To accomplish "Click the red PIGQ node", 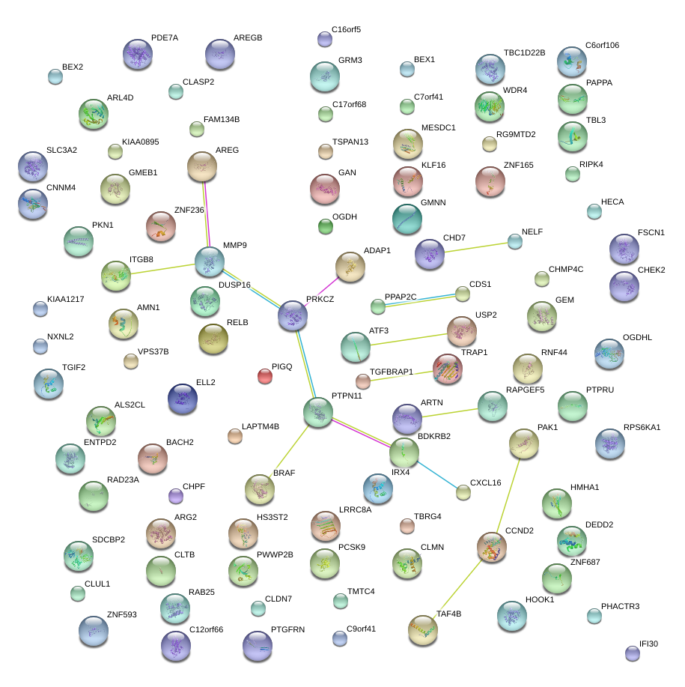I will click(x=265, y=375).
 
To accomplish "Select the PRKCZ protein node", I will click(x=293, y=316).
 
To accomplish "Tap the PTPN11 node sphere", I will click(x=318, y=413).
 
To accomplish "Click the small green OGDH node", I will click(x=325, y=226).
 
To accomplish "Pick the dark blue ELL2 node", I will click(x=182, y=399).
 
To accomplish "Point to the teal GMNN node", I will click(x=407, y=219).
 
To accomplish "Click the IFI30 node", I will click(x=633, y=653).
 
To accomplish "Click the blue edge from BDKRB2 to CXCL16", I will click(x=434, y=472).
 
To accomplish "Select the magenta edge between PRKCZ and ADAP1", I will click(x=322, y=291).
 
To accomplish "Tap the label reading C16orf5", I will click(x=346, y=29).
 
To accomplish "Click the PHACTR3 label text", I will click(x=620, y=606).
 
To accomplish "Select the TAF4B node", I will click(x=423, y=630).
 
